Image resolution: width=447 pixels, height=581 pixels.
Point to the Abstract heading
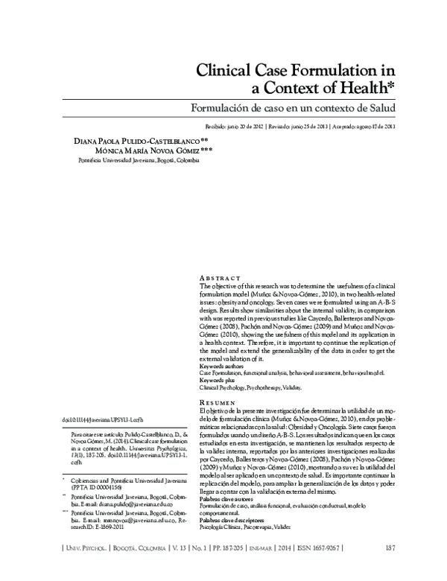coord(220,276)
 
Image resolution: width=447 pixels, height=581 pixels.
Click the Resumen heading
coord(219,401)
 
